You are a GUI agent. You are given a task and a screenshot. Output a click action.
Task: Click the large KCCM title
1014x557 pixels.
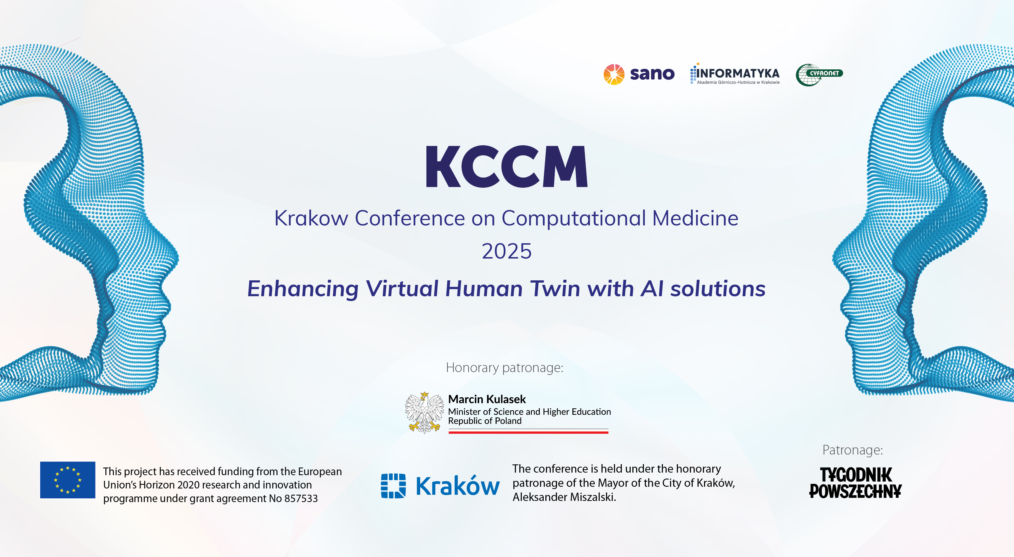point(507,167)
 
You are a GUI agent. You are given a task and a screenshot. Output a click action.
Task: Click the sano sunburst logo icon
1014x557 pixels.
point(614,74)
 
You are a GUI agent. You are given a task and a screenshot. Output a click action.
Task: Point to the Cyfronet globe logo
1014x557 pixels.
point(819,75)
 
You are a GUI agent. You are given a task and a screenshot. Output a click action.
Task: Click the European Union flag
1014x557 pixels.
point(68,480)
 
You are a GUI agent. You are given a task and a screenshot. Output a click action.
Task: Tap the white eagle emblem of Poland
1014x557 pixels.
point(424,412)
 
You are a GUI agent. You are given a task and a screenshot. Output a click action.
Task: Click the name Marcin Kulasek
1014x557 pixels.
point(487,399)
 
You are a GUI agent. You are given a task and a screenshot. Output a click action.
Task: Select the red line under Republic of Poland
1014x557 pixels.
point(528,432)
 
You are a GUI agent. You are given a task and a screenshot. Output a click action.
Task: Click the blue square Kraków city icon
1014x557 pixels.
point(393,486)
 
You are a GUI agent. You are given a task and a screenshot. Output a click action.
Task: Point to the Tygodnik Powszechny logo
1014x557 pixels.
point(855,483)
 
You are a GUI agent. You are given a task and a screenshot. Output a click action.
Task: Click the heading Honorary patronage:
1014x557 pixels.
point(505,367)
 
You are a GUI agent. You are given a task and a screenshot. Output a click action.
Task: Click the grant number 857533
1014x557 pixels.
point(301,498)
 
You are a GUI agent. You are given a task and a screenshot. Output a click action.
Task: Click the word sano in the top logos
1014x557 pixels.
point(652,74)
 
